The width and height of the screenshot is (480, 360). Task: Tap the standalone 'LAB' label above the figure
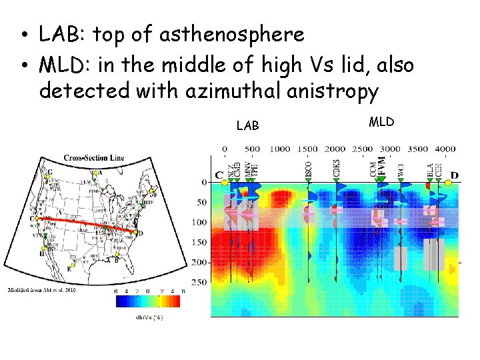pos(248,125)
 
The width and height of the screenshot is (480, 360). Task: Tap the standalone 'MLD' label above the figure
pos(381,121)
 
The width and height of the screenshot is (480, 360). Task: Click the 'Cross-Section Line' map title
pos(94,158)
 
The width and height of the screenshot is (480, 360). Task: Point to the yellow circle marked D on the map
pos(135,233)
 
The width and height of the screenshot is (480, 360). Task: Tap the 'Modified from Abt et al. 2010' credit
pos(42,290)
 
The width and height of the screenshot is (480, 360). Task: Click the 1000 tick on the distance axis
pos(280,149)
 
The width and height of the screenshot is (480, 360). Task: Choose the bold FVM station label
pos(382,165)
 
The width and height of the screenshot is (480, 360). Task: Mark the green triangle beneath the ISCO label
pos(308,178)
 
